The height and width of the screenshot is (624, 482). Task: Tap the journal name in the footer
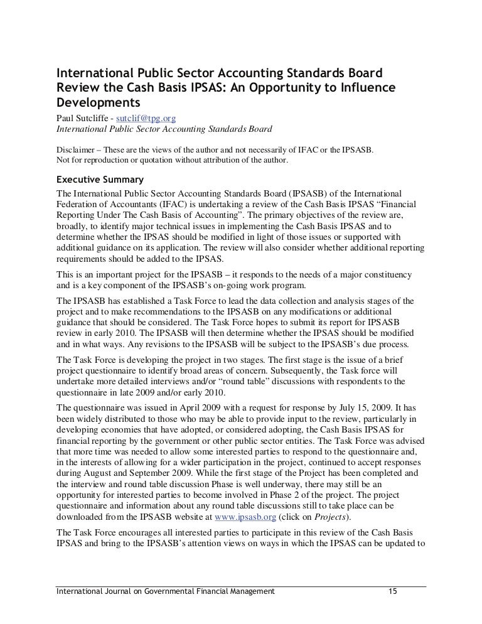[x=166, y=591]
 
